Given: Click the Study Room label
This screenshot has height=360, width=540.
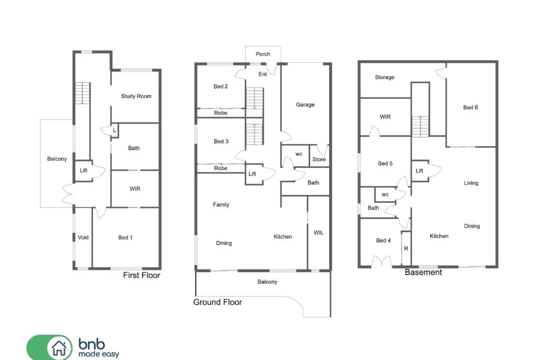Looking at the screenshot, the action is coord(136,96).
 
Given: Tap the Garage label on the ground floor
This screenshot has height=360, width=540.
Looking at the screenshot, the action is coord(305,104).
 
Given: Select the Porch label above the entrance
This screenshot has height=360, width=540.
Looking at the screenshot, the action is coord(263,54).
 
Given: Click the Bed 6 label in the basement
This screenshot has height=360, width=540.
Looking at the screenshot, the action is coord(470,107).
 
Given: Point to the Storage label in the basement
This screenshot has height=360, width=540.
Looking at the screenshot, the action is coord(384,77).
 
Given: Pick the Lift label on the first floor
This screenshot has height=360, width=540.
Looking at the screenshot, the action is coord(83,170).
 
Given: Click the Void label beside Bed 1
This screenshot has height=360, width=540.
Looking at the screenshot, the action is coord(83,237).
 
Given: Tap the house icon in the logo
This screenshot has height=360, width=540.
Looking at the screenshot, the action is coord(59,347).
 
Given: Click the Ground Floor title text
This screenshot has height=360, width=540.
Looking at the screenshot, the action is coord(217,302).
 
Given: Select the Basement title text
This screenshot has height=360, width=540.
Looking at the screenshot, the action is coord(423,272).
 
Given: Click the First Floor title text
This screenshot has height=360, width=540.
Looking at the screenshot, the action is coord(141,275).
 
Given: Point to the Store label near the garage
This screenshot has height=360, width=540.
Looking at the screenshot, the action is coord(319,159).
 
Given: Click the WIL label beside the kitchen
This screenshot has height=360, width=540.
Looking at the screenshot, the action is coord(318,232).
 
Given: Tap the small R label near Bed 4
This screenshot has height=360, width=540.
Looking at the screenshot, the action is coord(406,248).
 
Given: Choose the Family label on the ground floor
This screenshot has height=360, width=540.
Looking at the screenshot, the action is coord(221,204).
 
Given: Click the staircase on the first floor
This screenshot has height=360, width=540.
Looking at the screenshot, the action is coord(82,93).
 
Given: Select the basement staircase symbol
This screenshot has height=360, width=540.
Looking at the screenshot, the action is coord(420,126).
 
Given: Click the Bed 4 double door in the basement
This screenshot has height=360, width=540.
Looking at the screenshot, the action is coord(381,261).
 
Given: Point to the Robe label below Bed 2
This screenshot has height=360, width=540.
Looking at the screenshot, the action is coord(220,112).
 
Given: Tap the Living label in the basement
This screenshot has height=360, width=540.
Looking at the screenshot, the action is coord(471,183).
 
